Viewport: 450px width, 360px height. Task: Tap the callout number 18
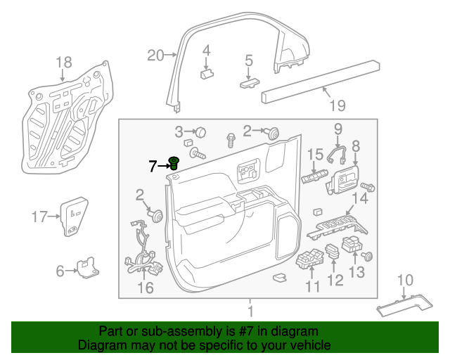pos(63,61)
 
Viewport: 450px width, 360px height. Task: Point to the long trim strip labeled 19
pos(321,79)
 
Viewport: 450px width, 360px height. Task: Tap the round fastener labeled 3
pos(200,131)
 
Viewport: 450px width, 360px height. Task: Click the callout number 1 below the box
pos(249,310)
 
